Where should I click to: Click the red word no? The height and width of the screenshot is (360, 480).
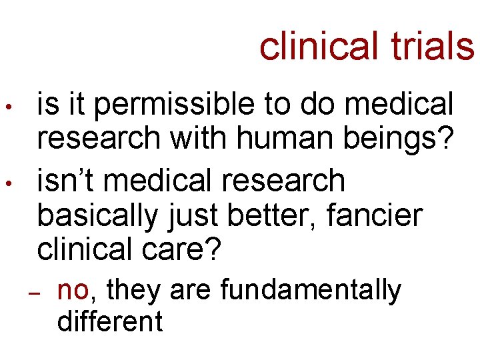click(x=73, y=291)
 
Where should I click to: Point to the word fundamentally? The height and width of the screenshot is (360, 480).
click(x=311, y=291)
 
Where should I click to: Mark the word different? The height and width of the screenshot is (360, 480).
click(x=110, y=321)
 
